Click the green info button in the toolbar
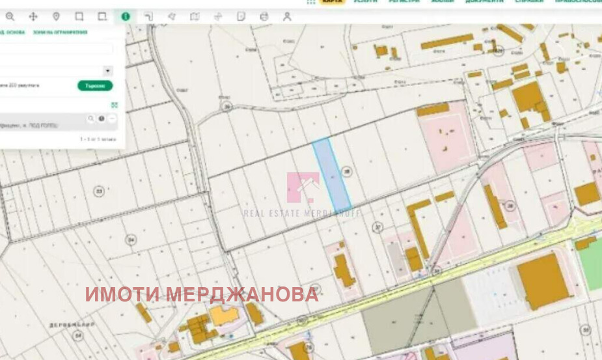125,16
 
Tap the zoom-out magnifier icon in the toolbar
10,16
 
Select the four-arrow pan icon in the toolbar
33,16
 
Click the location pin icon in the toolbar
56,16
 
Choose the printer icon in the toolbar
264,16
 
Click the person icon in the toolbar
287,16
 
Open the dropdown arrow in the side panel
107,70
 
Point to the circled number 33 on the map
99,191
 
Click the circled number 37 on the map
377,227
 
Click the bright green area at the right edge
591,263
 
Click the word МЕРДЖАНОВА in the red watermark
242,294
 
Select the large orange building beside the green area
543,281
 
